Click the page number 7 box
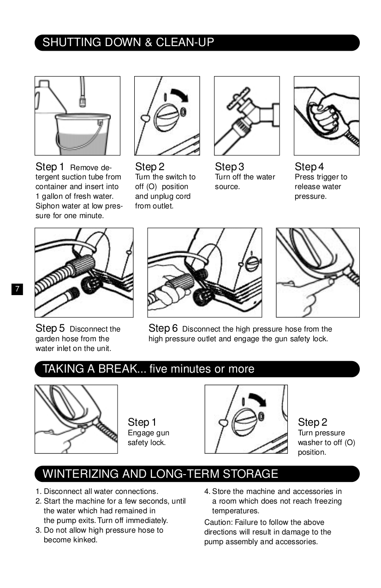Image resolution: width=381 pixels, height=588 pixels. click(17, 289)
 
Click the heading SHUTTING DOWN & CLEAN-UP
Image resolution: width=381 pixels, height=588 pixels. click(128, 42)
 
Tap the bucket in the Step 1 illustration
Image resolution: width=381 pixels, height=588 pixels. click(82, 134)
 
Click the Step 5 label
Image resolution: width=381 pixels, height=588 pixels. click(50, 328)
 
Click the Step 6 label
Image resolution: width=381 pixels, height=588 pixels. click(163, 328)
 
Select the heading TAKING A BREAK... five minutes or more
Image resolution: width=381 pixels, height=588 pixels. click(148, 369)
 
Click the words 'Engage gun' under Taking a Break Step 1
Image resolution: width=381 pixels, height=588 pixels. click(149, 433)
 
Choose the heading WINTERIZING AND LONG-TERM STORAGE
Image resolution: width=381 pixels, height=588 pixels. click(160, 474)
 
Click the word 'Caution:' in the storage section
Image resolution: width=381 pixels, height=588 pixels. click(218, 522)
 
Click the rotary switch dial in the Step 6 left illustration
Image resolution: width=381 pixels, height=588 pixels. click(252, 264)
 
